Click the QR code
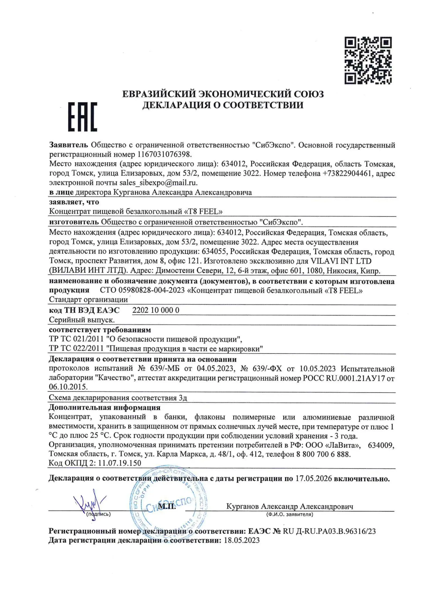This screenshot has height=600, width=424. pyautogui.click(x=368, y=60)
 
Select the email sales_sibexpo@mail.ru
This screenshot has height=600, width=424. pyautogui.click(x=158, y=182)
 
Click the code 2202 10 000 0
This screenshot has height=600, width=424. pyautogui.click(x=156, y=310)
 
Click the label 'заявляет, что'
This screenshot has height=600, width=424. pyautogui.click(x=74, y=202)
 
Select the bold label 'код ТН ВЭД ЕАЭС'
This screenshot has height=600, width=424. pyautogui.click(x=84, y=310)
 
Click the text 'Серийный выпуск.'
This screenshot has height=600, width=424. pyautogui.click(x=82, y=320)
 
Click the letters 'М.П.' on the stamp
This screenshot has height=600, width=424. pyautogui.click(x=167, y=506)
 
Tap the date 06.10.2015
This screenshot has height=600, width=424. pyautogui.click(x=68, y=387)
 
